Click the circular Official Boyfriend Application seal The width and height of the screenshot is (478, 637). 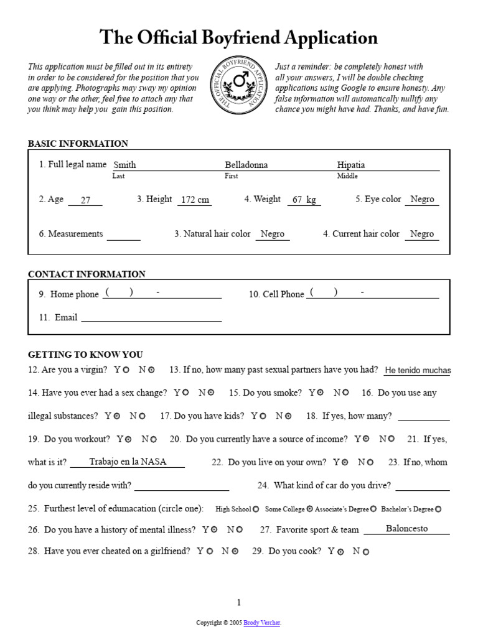(239, 86)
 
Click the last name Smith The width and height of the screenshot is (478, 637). (124, 165)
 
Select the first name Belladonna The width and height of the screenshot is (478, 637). (246, 165)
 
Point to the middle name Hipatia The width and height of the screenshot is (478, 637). (351, 165)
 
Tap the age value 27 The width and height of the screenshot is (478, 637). (86, 200)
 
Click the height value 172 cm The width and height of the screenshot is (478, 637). (194, 200)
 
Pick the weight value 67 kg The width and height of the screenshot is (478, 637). (304, 200)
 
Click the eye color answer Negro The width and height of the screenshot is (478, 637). (422, 200)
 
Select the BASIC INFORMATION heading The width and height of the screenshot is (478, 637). (78, 144)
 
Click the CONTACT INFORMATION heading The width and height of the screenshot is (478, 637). (87, 274)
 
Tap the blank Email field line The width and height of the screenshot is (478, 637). (151, 318)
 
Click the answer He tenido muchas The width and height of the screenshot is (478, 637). (418, 371)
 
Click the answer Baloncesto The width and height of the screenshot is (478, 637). (406, 529)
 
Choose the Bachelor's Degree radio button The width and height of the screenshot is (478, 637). (438, 509)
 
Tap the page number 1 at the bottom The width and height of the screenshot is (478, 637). (238, 602)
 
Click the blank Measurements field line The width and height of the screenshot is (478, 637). (123, 236)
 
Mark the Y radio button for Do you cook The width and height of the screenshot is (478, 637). (340, 552)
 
